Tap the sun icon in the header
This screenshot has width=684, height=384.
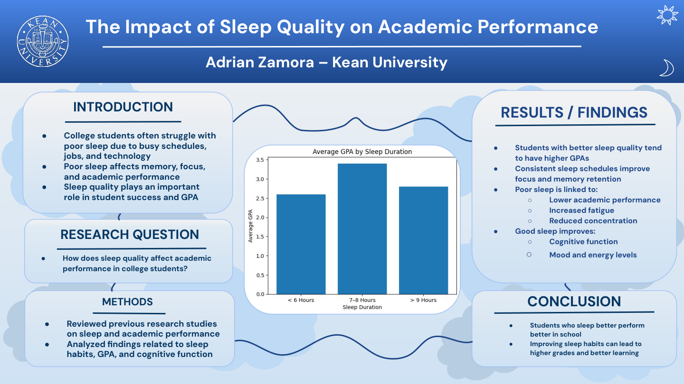[x=667, y=16]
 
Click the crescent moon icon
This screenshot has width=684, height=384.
[x=667, y=68]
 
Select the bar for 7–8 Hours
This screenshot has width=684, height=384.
[x=362, y=229]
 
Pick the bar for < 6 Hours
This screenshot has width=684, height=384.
[x=301, y=244]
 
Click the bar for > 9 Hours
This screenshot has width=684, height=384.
[x=423, y=240]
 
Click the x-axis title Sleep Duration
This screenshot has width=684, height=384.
[x=362, y=307]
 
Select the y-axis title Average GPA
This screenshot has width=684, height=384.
[x=251, y=227]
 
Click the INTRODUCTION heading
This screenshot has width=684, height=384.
[x=123, y=107]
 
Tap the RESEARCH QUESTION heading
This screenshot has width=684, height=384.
[x=130, y=235]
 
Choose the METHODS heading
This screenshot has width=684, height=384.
[x=127, y=302]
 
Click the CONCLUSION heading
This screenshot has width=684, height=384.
[x=574, y=302]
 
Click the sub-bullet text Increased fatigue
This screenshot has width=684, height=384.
[x=581, y=210]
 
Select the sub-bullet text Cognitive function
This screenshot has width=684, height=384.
[x=583, y=242]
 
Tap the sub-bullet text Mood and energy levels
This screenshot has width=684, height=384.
[x=593, y=255]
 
